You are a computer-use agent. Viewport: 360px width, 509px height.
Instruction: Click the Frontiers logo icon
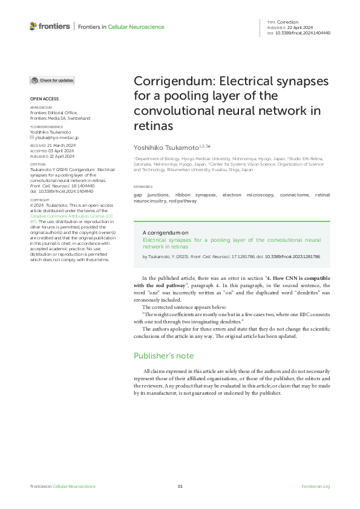pyautogui.click(x=33, y=26)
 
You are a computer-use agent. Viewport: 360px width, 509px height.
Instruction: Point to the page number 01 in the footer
pyautogui.click(x=180, y=487)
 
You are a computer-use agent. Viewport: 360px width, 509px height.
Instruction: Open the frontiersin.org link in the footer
pyautogui.click(x=315, y=487)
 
